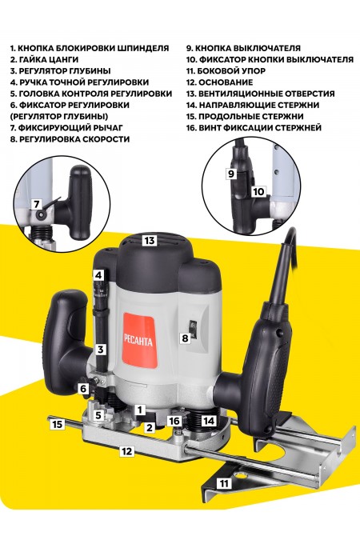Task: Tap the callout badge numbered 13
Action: (x=149, y=240)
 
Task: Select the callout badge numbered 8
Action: (x=185, y=339)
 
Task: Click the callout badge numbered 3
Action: (x=101, y=350)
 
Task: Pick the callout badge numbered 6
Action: (x=83, y=389)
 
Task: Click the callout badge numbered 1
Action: (x=139, y=410)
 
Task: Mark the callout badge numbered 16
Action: (x=174, y=421)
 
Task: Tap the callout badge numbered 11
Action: (x=224, y=484)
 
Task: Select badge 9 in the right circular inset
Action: (x=231, y=173)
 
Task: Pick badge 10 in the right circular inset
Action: (x=258, y=192)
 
